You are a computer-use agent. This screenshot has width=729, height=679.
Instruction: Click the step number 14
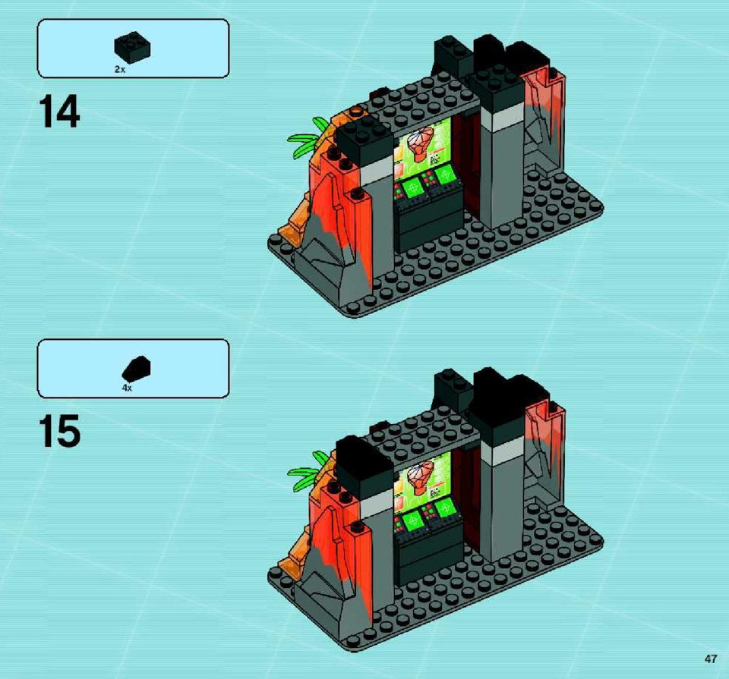click(59, 112)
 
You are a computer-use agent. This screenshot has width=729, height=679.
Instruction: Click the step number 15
click(59, 432)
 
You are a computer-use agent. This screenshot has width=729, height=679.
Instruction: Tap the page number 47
click(711, 659)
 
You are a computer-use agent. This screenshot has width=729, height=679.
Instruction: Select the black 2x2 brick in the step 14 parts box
click(132, 46)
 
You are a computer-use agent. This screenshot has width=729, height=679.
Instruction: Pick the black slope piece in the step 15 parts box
click(136, 368)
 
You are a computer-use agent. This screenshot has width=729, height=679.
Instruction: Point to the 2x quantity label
click(120, 69)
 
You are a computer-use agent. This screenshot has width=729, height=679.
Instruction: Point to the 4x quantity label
click(127, 388)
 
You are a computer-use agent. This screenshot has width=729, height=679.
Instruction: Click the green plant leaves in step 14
click(309, 137)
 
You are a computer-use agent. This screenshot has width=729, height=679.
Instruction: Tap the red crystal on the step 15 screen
click(420, 476)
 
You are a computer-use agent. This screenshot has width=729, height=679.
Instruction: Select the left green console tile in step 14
click(412, 188)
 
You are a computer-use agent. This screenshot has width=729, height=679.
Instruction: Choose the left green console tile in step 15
click(412, 520)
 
